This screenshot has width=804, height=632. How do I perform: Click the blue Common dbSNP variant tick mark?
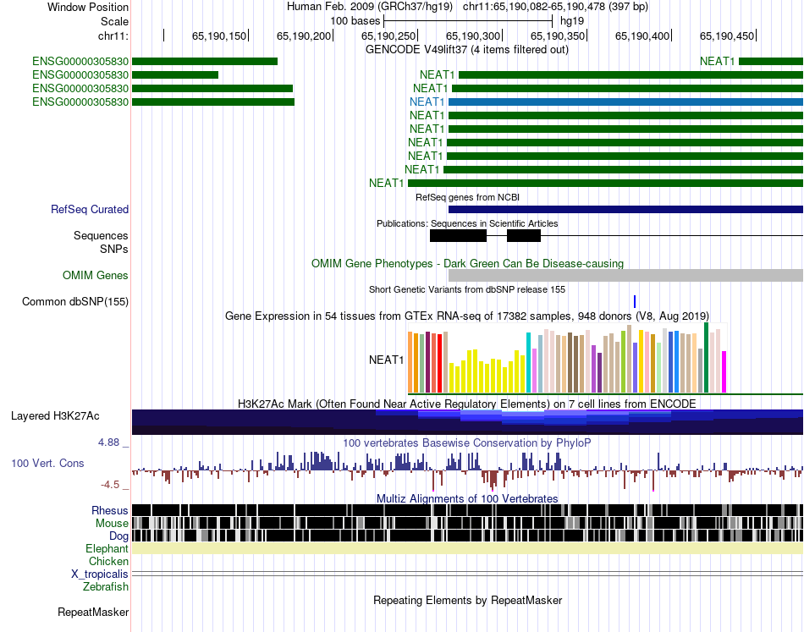coord(634,301)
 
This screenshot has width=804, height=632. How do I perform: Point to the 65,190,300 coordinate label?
coord(473,36)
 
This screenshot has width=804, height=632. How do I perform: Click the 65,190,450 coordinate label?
coord(727,36)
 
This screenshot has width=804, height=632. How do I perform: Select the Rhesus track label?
coord(110,510)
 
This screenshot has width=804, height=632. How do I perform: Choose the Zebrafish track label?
coord(106,586)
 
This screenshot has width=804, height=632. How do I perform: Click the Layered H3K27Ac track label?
coord(55,416)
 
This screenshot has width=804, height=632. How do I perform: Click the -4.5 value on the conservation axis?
coord(112,485)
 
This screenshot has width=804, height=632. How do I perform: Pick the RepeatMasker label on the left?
coord(93,612)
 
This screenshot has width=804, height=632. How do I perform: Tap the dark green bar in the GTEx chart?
coord(705,358)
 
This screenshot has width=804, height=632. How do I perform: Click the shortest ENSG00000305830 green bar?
coord(175,74)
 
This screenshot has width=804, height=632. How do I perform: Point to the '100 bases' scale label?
coord(355,20)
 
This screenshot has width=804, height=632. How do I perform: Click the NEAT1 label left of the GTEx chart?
coord(386,360)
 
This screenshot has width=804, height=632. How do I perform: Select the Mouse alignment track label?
coord(111,523)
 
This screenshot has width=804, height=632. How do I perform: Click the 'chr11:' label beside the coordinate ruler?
coord(113,36)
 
